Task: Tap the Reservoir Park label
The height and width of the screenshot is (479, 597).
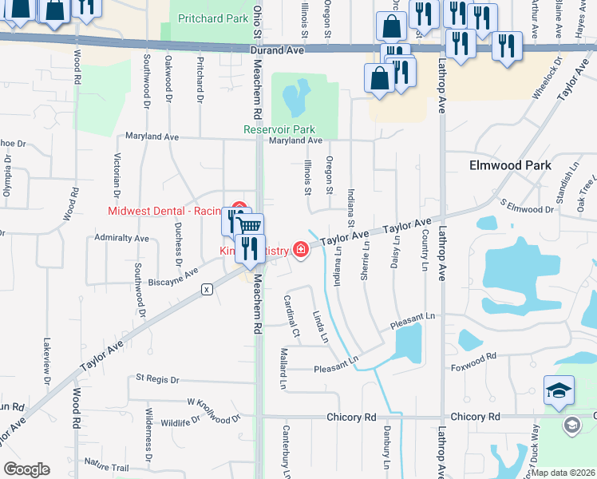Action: (279, 129)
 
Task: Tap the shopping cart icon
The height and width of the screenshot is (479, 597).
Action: (249, 227)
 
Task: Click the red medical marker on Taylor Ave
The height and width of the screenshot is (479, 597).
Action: (301, 251)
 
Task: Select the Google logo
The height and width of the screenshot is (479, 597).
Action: (26, 469)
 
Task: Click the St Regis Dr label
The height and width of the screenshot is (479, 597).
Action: (160, 377)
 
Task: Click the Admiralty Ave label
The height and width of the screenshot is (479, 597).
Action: (121, 238)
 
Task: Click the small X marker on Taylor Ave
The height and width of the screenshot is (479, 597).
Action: (208, 288)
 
